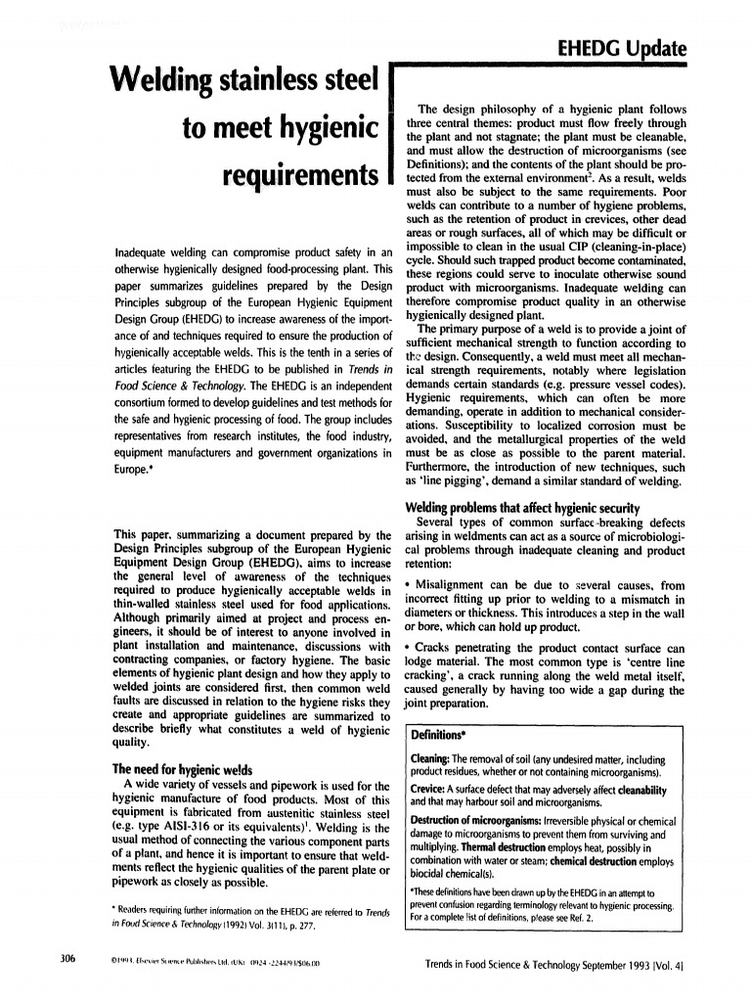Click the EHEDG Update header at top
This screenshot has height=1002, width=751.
pos(621,48)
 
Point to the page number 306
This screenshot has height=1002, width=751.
pos(66,958)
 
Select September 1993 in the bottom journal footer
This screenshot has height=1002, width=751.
pos(592,964)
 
